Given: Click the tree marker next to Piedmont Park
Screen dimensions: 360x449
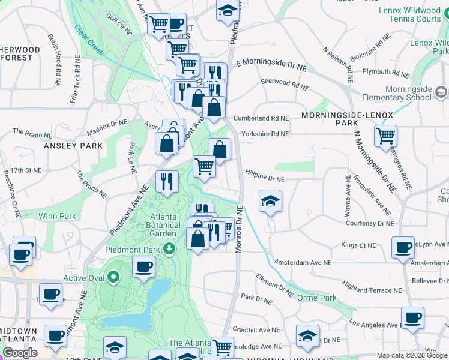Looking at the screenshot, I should [x=170, y=248].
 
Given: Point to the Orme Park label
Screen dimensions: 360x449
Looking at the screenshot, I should [x=316, y=297].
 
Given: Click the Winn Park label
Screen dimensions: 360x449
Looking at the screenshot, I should [x=58, y=215].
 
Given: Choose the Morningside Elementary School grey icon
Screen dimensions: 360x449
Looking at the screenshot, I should [x=441, y=92].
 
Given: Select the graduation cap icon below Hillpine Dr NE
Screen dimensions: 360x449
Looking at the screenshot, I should [x=270, y=201].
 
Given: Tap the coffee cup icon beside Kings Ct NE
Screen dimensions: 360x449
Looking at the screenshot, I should [x=403, y=247].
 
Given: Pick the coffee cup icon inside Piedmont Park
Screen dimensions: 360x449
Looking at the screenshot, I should [x=143, y=267].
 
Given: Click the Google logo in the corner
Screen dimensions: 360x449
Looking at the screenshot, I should [x=20, y=353].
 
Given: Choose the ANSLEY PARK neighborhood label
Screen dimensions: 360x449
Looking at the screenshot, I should [x=66, y=145].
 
